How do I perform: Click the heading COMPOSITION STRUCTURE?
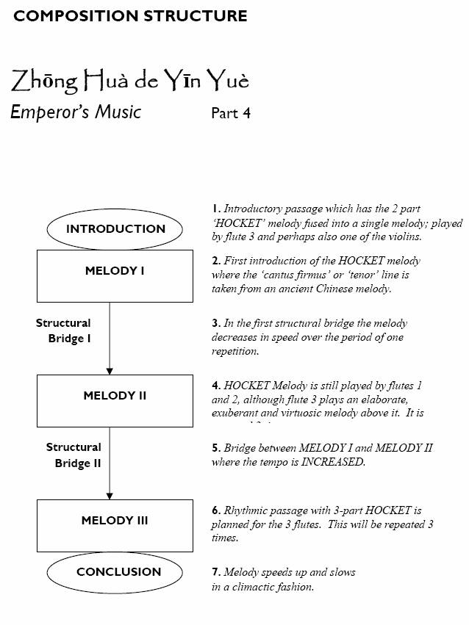pyautogui.click(x=131, y=15)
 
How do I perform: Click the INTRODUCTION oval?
pyautogui.click(x=115, y=228)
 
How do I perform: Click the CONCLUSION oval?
pyautogui.click(x=118, y=571)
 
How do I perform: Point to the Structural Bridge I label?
pyautogui.click(x=64, y=330)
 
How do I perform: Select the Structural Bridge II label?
pyautogui.click(x=74, y=455)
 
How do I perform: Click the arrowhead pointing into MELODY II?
pyautogui.click(x=110, y=370)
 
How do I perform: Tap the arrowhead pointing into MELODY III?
pyautogui.click(x=110, y=495)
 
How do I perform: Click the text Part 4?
pyautogui.click(x=231, y=113)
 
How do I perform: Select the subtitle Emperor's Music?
pyautogui.click(x=76, y=112)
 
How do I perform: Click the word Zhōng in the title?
pyautogui.click(x=43, y=81)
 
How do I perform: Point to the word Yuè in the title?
pyautogui.click(x=226, y=80)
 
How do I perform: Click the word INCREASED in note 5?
pyautogui.click(x=333, y=463)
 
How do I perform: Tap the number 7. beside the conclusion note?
pyautogui.click(x=216, y=571)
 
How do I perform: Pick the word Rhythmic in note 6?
pyautogui.click(x=248, y=510)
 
